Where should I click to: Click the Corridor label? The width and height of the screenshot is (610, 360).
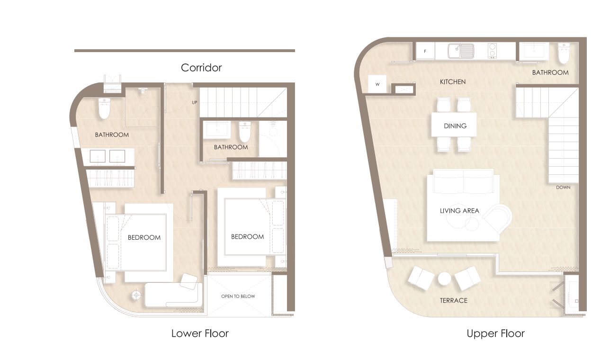(201, 68)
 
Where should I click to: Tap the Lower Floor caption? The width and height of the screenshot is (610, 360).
(200, 333)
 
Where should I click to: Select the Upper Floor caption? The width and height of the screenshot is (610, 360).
(495, 333)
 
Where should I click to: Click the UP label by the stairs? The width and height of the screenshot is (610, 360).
(195, 102)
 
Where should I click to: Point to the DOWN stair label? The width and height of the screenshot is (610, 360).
(563, 188)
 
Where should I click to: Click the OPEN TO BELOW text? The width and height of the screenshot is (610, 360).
(238, 296)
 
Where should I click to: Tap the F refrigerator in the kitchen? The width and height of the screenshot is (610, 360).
(425, 51)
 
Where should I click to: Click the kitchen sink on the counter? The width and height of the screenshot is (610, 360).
(461, 51)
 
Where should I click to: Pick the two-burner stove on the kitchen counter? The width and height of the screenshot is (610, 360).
(492, 51)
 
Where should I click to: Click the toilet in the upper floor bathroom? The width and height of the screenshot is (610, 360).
(564, 53)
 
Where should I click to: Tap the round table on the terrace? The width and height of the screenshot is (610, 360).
(444, 279)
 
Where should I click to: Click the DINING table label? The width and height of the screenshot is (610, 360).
(455, 126)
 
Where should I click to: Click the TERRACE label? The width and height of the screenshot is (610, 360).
(454, 300)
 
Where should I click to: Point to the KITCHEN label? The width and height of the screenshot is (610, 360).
(453, 81)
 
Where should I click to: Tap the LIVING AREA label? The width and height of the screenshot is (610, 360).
(459, 210)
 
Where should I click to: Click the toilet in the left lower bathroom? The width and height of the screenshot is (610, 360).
(104, 108)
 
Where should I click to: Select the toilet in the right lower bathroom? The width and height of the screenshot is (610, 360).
(244, 132)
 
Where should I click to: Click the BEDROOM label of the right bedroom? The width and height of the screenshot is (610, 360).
(247, 237)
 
